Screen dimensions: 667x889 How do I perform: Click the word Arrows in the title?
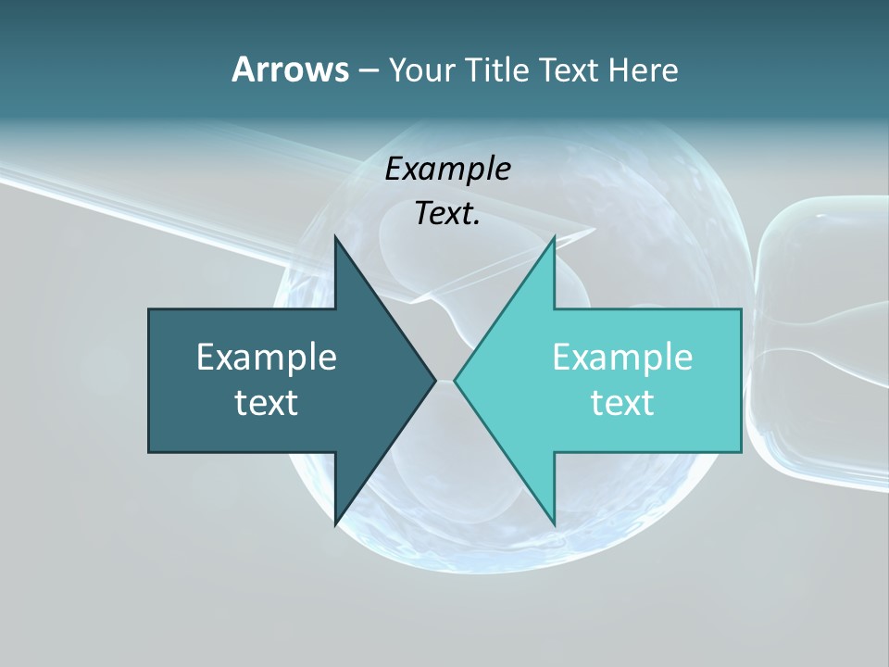tap(289, 69)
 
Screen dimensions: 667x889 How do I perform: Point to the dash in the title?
tap(367, 70)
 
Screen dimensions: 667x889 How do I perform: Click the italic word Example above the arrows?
tap(447, 169)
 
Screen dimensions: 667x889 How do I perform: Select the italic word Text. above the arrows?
tap(447, 213)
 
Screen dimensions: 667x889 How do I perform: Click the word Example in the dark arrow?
tap(266, 357)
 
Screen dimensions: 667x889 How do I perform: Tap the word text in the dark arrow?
tap(266, 402)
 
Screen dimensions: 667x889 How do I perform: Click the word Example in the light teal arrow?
tap(622, 357)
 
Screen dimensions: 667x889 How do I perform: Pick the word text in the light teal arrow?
tap(622, 402)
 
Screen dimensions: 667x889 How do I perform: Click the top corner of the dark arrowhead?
tap(335, 237)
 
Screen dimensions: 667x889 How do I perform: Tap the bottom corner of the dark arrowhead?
tap(335, 524)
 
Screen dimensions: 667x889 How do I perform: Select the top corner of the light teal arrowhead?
tap(554, 237)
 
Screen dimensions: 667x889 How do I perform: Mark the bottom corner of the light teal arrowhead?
tap(554, 524)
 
